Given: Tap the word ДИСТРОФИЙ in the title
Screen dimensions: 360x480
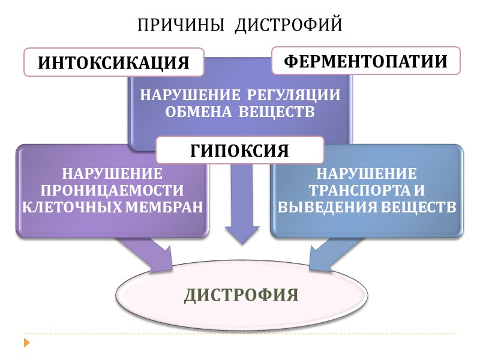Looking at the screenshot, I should tap(288, 25).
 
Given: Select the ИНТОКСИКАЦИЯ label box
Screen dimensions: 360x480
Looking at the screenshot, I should tap(114, 62).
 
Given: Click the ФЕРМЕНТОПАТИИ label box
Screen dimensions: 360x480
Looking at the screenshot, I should tap(366, 61).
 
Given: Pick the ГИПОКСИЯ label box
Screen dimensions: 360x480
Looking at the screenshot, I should tap(240, 150).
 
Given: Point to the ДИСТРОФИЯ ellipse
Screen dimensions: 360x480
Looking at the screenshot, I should tap(241, 295).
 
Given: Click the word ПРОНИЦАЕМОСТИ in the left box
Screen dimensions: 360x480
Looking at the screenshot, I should tap(112, 190).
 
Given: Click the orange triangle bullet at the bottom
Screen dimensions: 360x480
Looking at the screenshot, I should tap(26, 343).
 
